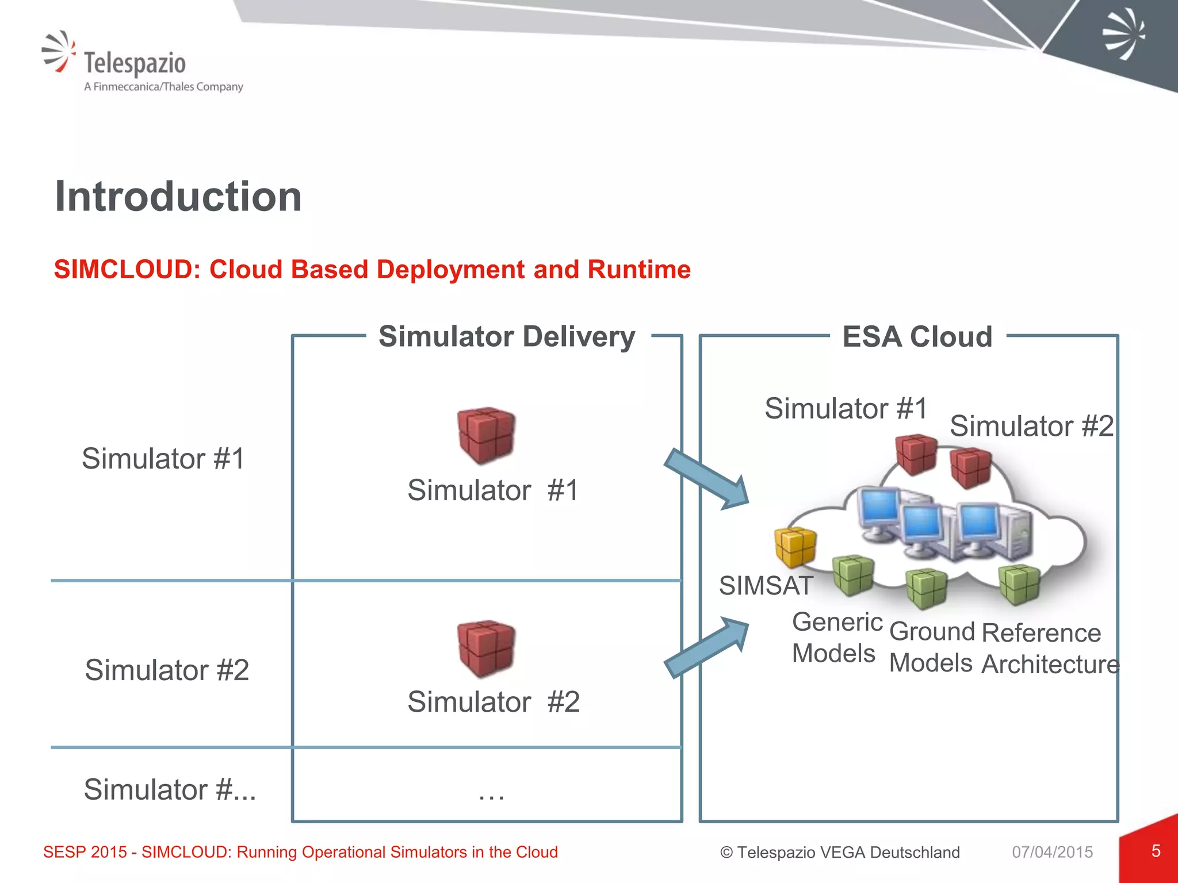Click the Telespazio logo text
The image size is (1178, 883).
[135, 63]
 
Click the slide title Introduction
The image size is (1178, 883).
[178, 197]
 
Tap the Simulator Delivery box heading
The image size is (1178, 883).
[507, 336]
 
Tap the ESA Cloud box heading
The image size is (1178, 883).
[917, 337]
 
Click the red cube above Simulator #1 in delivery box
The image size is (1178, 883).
[486, 435]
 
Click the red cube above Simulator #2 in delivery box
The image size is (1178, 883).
[486, 648]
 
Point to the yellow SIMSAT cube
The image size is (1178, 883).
[795, 546]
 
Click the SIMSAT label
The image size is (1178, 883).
[766, 586]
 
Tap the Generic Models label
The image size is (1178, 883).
[836, 638]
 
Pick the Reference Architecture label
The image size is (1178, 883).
[1049, 648]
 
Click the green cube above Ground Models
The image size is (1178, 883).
[926, 588]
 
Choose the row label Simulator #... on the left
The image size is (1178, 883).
[170, 789]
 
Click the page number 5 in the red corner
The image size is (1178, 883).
[1156, 851]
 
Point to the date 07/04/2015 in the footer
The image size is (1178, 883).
[1052, 852]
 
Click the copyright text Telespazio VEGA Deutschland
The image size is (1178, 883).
[840, 852]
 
